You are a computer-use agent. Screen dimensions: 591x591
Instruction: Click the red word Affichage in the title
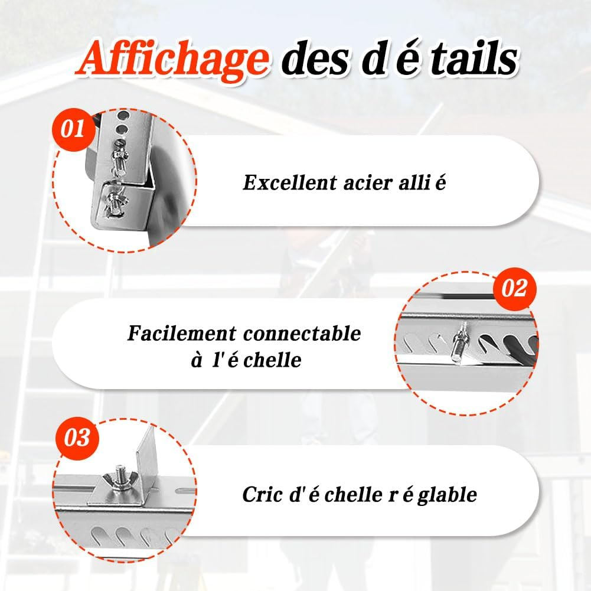coord(172,60)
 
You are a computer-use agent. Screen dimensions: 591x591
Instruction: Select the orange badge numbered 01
coord(73,129)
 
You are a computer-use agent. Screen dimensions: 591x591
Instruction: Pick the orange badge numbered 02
coord(514,289)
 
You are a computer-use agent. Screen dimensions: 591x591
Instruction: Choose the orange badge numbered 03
coord(77,438)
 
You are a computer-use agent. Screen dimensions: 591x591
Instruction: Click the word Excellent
coord(289,183)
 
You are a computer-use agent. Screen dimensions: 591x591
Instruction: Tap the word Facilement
coord(182,333)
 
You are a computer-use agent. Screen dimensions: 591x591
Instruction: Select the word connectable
coord(302,334)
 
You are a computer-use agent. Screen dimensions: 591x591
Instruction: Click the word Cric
coord(262,495)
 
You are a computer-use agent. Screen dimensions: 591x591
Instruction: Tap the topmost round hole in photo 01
coord(122,115)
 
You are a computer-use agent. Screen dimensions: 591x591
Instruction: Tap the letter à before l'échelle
coord(197,361)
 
